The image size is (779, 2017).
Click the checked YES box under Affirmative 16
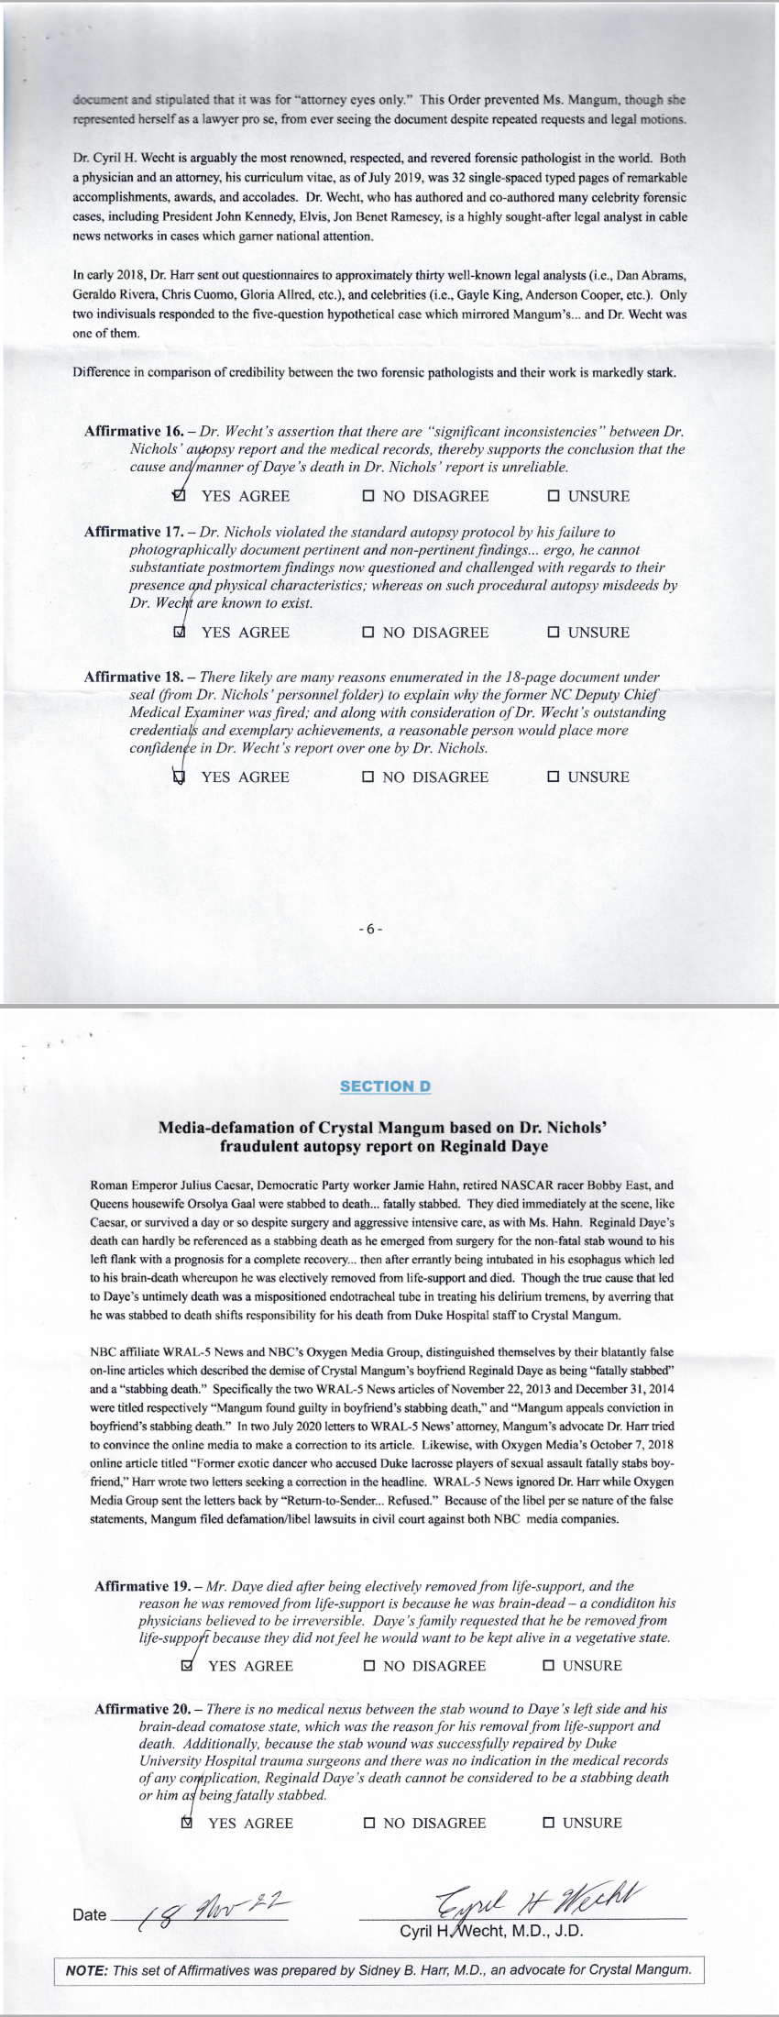point(180,496)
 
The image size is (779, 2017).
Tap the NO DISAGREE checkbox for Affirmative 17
point(368,632)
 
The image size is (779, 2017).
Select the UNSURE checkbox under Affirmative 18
point(553,777)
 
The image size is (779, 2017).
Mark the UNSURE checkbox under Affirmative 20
point(549,1823)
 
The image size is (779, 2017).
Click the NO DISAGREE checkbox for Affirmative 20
point(369,1823)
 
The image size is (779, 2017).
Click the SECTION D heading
point(385,1086)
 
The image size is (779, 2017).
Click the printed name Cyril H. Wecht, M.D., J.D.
point(491,1932)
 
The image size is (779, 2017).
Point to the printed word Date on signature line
point(89,1914)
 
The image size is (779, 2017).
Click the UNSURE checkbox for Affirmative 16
point(553,496)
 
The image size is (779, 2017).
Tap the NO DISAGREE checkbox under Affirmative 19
point(369,1666)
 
